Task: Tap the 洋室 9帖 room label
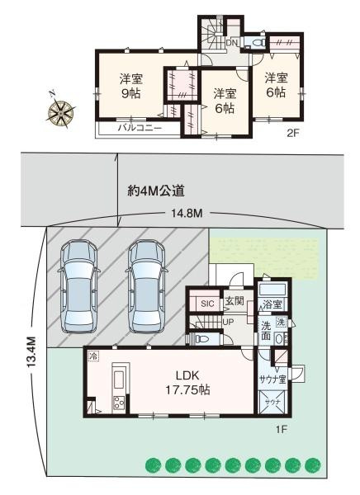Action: [130, 86]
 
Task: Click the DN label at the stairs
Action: [232, 42]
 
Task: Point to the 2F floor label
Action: [293, 131]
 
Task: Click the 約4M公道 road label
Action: [155, 191]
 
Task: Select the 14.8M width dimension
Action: [186, 214]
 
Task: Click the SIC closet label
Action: [207, 304]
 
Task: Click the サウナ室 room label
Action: [272, 380]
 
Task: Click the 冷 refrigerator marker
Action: [93, 356]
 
